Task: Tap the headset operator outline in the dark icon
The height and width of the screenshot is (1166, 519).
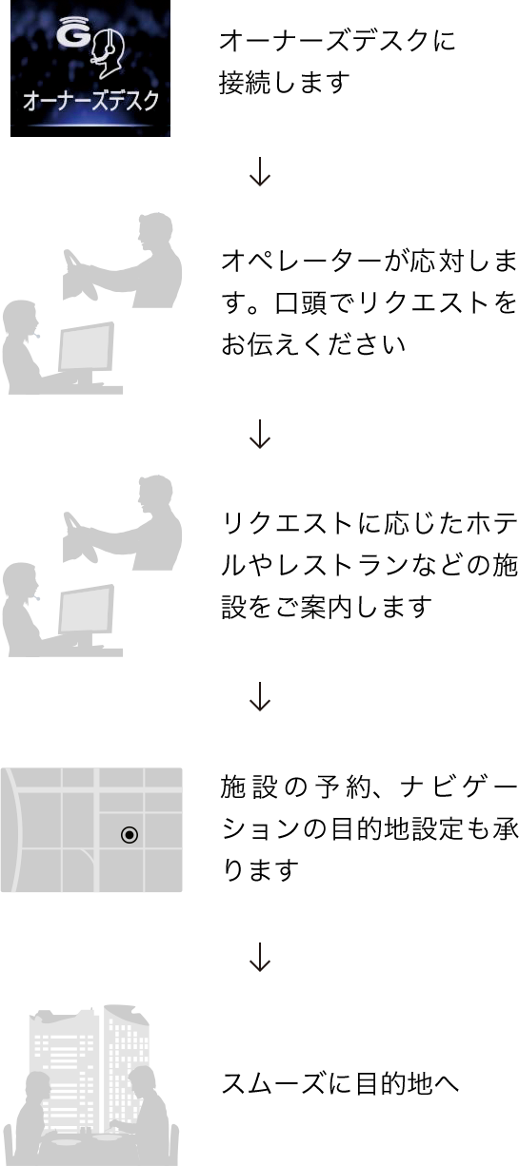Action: point(108,53)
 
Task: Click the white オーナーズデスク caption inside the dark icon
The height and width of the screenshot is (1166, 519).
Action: point(90,101)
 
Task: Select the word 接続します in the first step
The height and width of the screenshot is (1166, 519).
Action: point(284,83)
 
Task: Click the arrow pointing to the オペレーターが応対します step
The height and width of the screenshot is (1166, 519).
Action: point(259,172)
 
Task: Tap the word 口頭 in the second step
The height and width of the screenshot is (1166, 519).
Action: point(300,303)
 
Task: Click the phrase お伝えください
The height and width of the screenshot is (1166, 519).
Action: point(313,344)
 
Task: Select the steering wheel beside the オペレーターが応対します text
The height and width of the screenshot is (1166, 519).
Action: point(79,272)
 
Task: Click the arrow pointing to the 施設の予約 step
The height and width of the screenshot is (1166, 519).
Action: point(259,696)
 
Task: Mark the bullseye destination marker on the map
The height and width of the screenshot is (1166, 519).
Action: point(130,835)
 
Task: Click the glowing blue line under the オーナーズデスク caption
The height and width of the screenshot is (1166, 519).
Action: point(90,126)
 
